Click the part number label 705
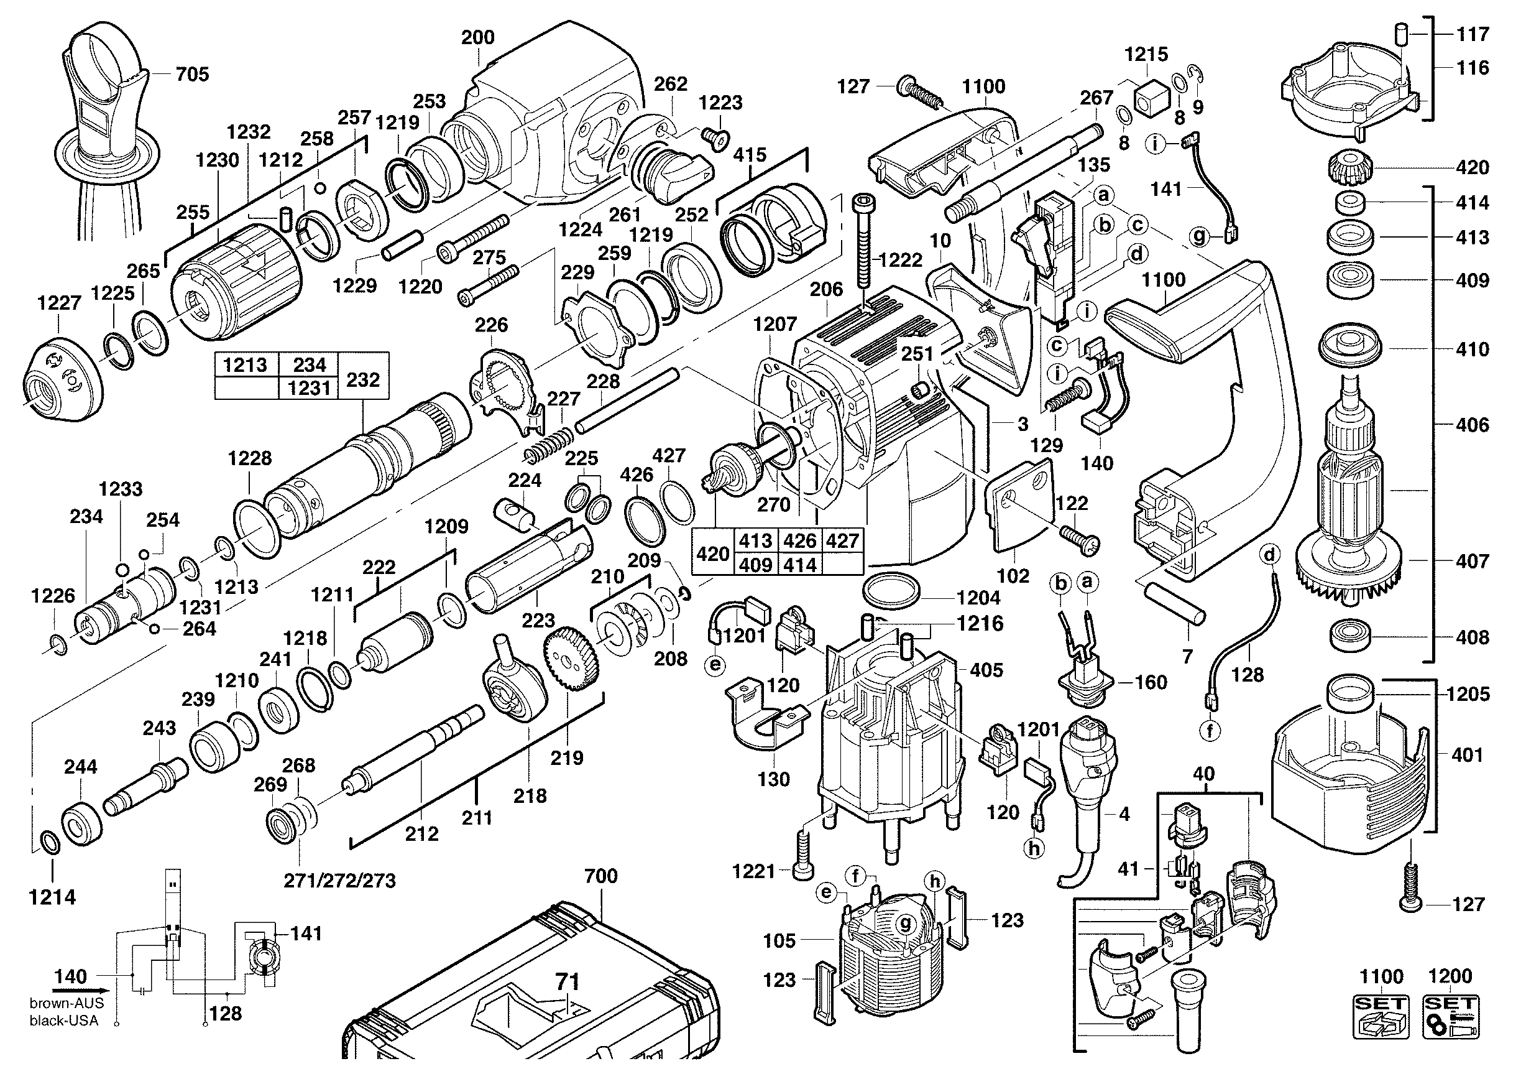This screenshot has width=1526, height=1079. pos(192,75)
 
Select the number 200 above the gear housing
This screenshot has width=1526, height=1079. pos(478,38)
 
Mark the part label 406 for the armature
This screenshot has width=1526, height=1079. pos(1472,424)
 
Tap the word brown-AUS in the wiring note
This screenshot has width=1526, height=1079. pos(67,1004)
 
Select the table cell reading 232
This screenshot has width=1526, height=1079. pos(363,379)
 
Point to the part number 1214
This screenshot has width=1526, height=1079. pos(52,897)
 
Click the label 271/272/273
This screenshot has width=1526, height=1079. pos(339,881)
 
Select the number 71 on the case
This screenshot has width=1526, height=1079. pos(567,982)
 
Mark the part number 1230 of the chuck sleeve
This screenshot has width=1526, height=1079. pos(218,160)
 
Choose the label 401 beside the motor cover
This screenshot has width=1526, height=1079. pos(1467,754)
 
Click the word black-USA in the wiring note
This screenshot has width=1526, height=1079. pos(64,1021)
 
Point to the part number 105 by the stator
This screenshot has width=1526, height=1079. pos(779,941)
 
